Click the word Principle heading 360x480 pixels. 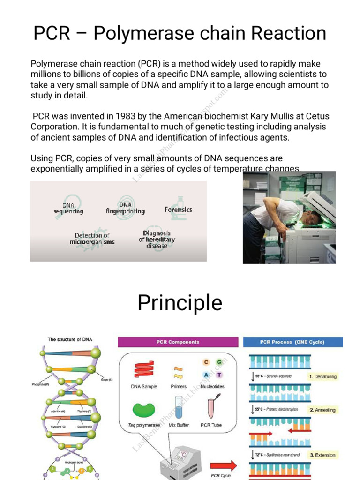(180, 303)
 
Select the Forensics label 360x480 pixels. (178, 210)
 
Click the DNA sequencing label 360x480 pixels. (68, 208)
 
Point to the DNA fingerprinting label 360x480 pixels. (125, 208)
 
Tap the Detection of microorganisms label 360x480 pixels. (92, 239)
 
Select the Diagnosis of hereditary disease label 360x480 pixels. (157, 239)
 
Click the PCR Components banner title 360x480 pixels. (178, 342)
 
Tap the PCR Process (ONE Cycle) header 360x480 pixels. (292, 342)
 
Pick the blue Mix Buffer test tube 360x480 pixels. (179, 407)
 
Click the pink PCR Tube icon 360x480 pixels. (211, 406)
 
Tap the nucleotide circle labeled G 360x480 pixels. (219, 362)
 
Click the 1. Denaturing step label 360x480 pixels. (322, 376)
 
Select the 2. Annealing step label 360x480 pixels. (322, 410)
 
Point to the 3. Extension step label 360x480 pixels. (322, 455)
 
